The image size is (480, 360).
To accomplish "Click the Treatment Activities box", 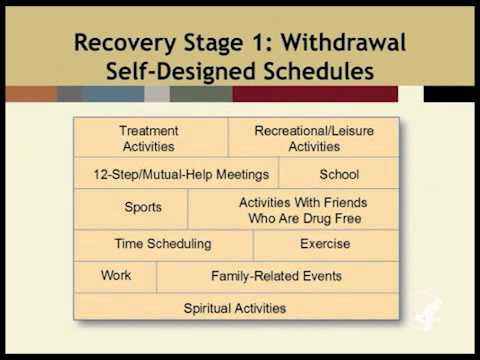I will point(150,138).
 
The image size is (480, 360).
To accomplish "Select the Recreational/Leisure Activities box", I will point(314,138).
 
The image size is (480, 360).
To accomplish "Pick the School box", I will point(339,174).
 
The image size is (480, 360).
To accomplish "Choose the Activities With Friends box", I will point(294,209).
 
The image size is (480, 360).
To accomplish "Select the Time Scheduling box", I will point(164,244).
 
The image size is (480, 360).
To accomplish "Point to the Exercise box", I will point(325,244).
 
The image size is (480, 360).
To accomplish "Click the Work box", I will point(116,276).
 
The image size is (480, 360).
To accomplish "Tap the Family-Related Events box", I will point(276,276).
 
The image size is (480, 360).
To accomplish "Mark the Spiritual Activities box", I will point(235,307).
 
